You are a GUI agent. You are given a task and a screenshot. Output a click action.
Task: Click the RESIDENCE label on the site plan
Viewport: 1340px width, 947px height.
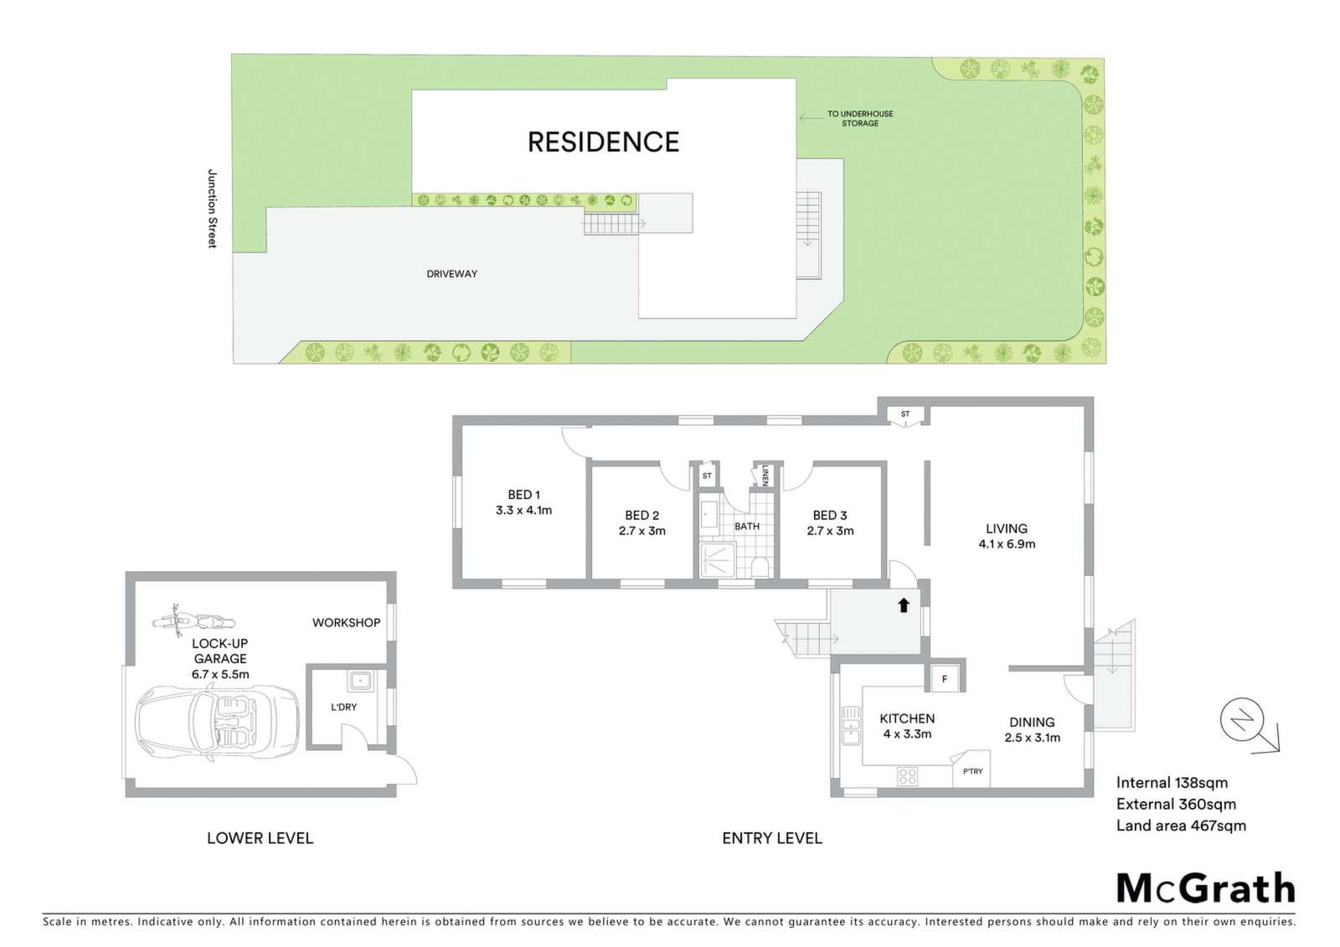[603, 142]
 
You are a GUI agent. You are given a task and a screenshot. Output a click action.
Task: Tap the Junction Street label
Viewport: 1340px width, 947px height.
[212, 208]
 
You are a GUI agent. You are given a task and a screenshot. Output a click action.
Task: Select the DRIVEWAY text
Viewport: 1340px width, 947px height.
[451, 274]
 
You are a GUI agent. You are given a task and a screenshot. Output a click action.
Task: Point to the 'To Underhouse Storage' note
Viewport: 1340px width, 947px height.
[860, 118]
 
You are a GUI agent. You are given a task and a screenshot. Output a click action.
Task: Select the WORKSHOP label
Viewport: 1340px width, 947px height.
[347, 623]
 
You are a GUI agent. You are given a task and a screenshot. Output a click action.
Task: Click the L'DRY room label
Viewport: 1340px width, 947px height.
[344, 707]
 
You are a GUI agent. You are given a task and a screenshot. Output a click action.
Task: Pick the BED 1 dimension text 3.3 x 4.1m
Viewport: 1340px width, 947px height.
[523, 510]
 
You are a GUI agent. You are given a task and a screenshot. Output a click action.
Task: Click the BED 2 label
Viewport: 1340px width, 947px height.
[642, 515]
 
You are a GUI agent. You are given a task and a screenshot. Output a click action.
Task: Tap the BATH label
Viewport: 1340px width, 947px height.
[747, 527]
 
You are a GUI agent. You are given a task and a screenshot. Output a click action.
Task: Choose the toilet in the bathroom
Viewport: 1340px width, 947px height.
[760, 567]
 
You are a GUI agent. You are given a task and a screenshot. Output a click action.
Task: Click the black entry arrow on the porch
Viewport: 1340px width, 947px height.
[904, 605]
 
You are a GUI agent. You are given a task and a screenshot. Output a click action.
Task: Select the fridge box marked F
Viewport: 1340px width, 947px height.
[945, 679]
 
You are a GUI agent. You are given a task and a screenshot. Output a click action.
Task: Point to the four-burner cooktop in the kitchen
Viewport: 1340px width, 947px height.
[908, 776]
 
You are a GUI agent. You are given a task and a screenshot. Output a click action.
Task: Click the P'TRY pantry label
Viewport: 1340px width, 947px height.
[972, 772]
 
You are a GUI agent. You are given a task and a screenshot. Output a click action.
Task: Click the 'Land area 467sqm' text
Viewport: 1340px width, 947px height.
[1181, 826]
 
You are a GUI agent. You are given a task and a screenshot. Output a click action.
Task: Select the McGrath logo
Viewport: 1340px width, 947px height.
[1205, 889]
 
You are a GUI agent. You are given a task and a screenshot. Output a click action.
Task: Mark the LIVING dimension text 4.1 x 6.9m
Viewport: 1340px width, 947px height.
[1007, 544]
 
